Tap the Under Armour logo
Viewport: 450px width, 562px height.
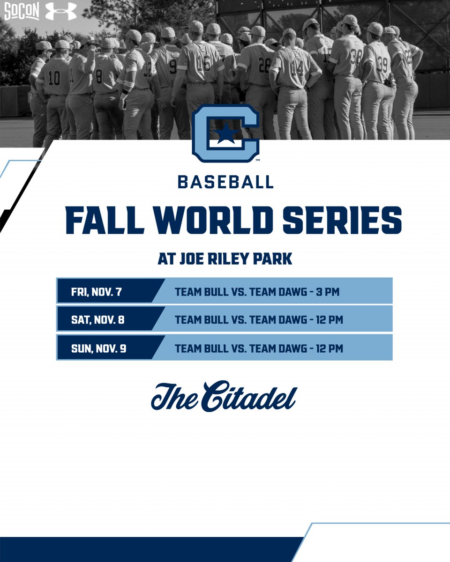(60, 11)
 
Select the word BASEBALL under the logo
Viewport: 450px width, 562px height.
(225, 182)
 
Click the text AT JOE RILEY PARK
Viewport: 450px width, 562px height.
(225, 259)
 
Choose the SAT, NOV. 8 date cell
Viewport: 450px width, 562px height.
(97, 320)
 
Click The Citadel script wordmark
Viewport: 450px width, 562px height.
(224, 397)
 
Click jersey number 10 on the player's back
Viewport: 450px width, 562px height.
(54, 77)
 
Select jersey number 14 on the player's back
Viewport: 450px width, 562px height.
(297, 69)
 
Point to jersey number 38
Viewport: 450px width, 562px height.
(356, 57)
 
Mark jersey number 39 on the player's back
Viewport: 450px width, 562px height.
(382, 64)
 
